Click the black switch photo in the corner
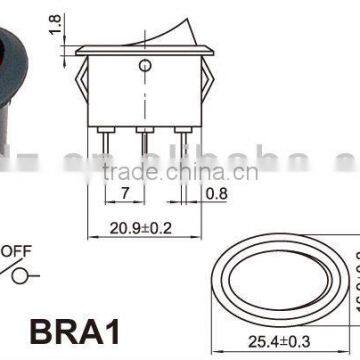(19, 80)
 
